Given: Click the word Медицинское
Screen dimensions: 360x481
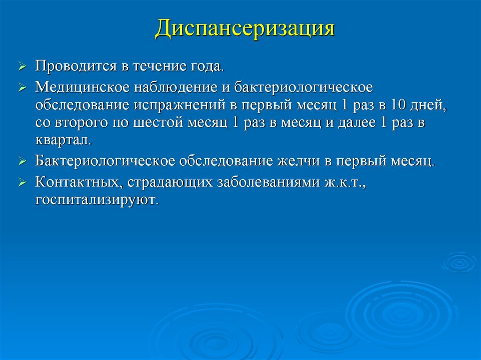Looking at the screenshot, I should (81, 87).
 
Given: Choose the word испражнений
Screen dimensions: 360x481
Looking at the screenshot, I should (181, 105).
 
